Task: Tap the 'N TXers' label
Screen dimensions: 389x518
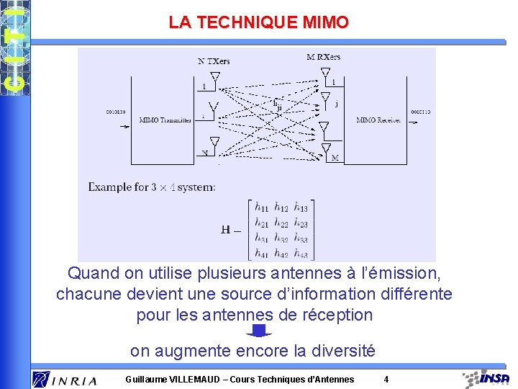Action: click(213, 61)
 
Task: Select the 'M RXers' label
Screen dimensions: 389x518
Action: click(323, 57)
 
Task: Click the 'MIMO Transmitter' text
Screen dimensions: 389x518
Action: click(165, 120)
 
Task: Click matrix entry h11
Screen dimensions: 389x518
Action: click(262, 207)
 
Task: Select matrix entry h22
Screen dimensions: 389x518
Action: click(281, 222)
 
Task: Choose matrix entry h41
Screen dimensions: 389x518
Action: click(262, 252)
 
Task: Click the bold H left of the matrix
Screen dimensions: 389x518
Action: click(226, 230)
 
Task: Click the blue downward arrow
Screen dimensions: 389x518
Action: click(259, 331)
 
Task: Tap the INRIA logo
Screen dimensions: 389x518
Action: click(65, 379)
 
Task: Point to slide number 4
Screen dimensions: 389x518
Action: click(386, 379)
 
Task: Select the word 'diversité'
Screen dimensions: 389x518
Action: click(342, 352)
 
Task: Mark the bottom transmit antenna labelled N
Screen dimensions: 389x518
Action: click(214, 142)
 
